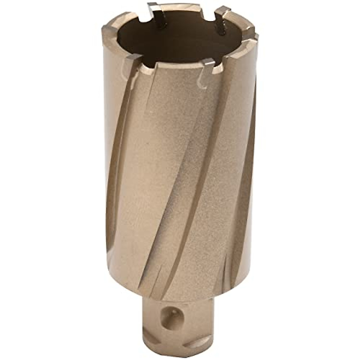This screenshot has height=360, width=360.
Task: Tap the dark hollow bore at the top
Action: click(180, 39)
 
